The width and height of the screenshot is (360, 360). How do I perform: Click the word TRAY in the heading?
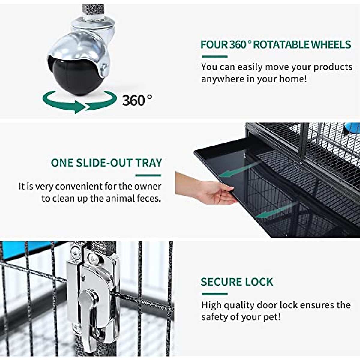[148, 163]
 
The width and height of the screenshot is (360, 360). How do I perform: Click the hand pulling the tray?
[210, 192]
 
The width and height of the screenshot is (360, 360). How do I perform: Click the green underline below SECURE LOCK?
[214, 294]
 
